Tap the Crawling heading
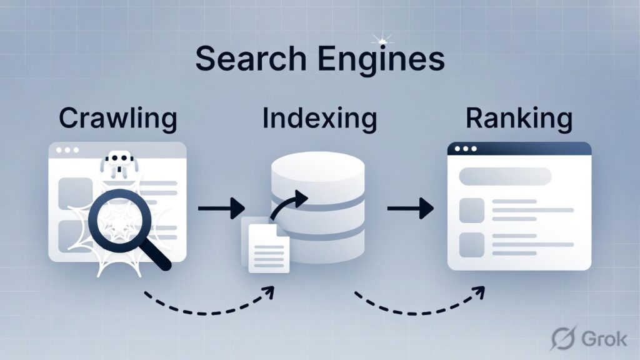(118, 119)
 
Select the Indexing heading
(319, 119)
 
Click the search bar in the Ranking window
(505, 176)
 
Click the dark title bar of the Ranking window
(519, 149)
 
